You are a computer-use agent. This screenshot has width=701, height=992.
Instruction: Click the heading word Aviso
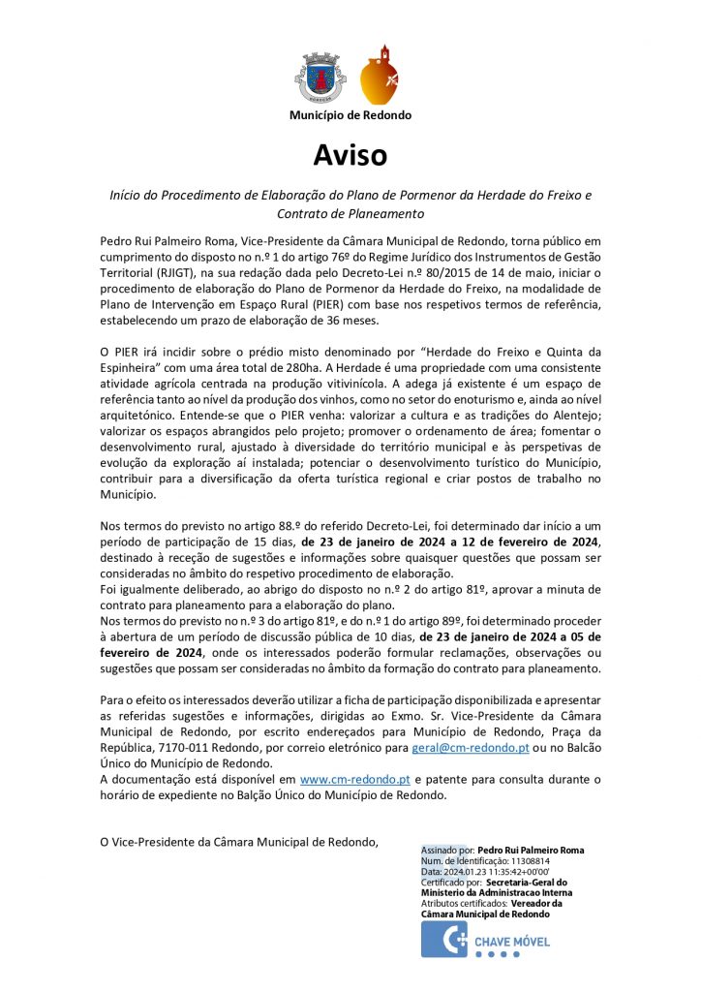click(x=350, y=155)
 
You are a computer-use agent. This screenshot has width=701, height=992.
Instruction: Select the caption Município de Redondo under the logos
click(x=350, y=115)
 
